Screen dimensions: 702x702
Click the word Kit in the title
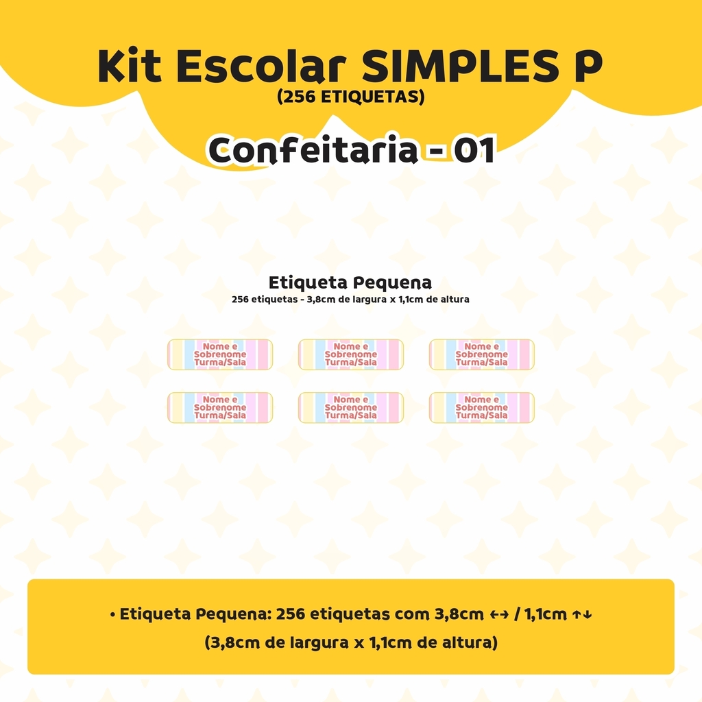click(x=129, y=66)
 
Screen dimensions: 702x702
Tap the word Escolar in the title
click(x=261, y=66)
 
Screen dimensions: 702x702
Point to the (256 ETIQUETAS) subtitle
click(x=350, y=97)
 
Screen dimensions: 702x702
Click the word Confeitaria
click(x=313, y=150)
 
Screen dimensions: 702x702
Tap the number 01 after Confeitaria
click(x=474, y=150)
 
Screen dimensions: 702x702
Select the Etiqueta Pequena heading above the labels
click(x=350, y=283)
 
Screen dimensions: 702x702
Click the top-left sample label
click(x=220, y=354)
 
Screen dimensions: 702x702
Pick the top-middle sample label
click(x=351, y=354)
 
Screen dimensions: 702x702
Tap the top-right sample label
click(x=482, y=354)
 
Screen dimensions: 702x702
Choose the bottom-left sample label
click(x=220, y=407)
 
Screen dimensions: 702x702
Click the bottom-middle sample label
click(x=351, y=407)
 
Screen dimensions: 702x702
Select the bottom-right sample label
click(x=482, y=407)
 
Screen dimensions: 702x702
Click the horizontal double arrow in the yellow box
click(x=499, y=615)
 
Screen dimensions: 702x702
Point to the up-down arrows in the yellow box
click(x=582, y=615)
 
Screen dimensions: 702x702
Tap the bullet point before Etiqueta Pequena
click(x=112, y=615)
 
